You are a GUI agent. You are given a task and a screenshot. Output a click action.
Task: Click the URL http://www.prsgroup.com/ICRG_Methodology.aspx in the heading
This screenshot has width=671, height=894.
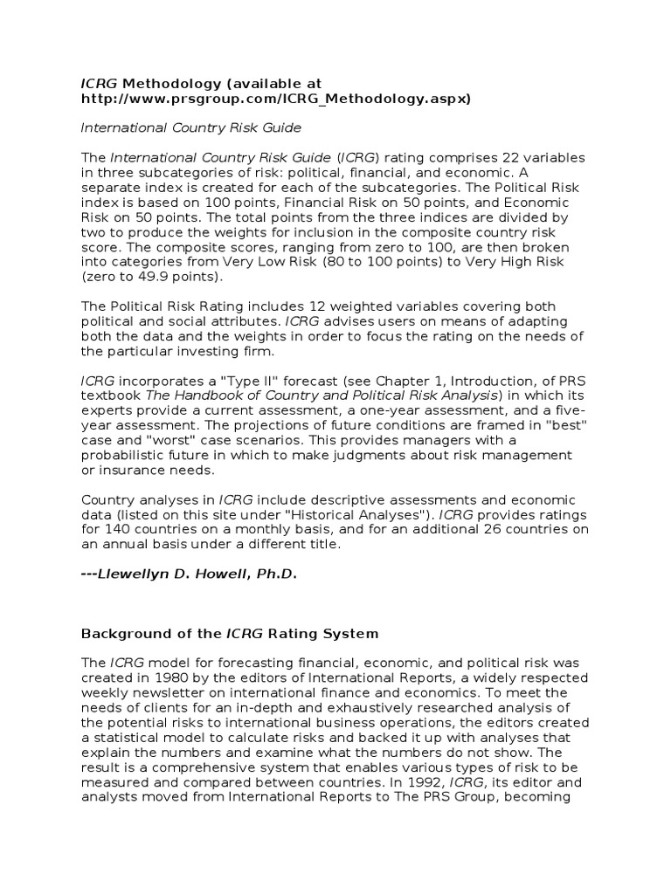pyautogui.click(x=275, y=99)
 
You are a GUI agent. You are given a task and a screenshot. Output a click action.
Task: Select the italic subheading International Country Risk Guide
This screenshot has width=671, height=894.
pyautogui.click(x=190, y=127)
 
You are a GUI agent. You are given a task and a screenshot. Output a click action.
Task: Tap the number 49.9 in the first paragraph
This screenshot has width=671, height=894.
pyautogui.click(x=141, y=276)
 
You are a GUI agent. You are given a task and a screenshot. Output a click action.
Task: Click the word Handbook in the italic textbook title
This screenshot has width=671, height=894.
pyautogui.click(x=218, y=395)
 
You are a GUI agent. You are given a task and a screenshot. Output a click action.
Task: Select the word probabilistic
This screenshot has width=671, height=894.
pyautogui.click(x=130, y=455)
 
